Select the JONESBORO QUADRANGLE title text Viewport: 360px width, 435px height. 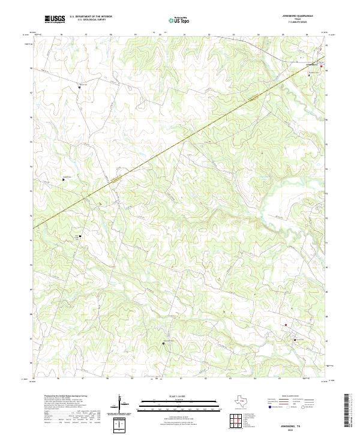(x=295, y=16)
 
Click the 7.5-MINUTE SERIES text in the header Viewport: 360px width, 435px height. (x=295, y=23)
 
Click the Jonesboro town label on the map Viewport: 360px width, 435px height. (x=311, y=64)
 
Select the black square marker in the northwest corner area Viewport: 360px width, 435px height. (x=80, y=87)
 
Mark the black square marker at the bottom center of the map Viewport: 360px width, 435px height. (x=164, y=343)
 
